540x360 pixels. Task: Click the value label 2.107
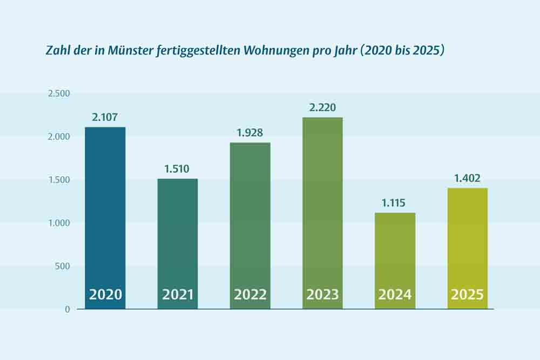pos(105,117)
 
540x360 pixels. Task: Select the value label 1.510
pos(177,168)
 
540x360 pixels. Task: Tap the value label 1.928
pos(249,132)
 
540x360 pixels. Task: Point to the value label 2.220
pos(322,107)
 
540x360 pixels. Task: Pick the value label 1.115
pos(394,203)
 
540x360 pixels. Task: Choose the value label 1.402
pos(467,178)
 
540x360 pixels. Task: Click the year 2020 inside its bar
pos(105,295)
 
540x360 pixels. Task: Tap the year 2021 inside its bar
pos(178,295)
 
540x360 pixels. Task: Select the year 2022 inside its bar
pos(250,295)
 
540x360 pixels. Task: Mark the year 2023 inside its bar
pos(322,295)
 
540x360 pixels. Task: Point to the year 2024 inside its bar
pos(395,295)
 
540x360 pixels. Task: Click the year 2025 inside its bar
pos(467,295)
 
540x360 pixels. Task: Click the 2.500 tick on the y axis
pos(59,93)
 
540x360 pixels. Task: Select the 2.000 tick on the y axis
pos(59,137)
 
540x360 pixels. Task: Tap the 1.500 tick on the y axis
pos(59,180)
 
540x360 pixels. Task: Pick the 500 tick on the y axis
pos(63,266)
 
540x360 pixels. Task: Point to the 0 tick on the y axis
pos(67,309)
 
